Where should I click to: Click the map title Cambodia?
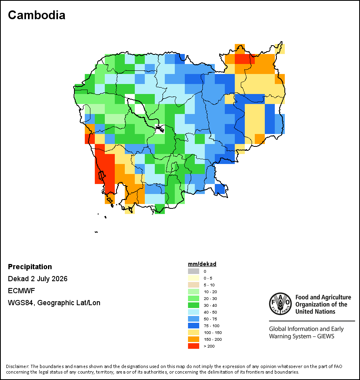point(37,15)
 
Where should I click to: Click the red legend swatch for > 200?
point(194,346)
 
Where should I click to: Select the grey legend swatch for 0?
point(194,271)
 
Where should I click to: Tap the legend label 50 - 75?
point(210,319)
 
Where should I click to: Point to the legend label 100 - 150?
point(213,332)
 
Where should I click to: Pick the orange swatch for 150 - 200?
point(194,339)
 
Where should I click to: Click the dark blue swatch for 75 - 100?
point(194,326)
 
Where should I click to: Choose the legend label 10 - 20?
point(210,292)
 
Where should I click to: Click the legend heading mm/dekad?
point(202,264)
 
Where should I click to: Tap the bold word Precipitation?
point(30,266)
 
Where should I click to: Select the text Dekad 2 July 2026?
point(38,279)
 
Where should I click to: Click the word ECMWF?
point(21,290)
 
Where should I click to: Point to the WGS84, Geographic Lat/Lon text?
point(54,303)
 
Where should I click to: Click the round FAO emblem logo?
point(280,304)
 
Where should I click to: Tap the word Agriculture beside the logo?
point(336,297)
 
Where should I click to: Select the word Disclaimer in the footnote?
point(18,366)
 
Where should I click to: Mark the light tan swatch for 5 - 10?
point(194,285)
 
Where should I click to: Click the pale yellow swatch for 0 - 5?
point(194,278)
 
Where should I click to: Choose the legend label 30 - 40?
point(210,305)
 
